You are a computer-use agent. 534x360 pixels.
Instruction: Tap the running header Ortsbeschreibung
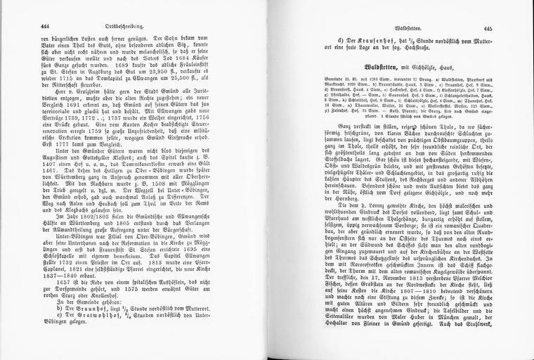147,26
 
